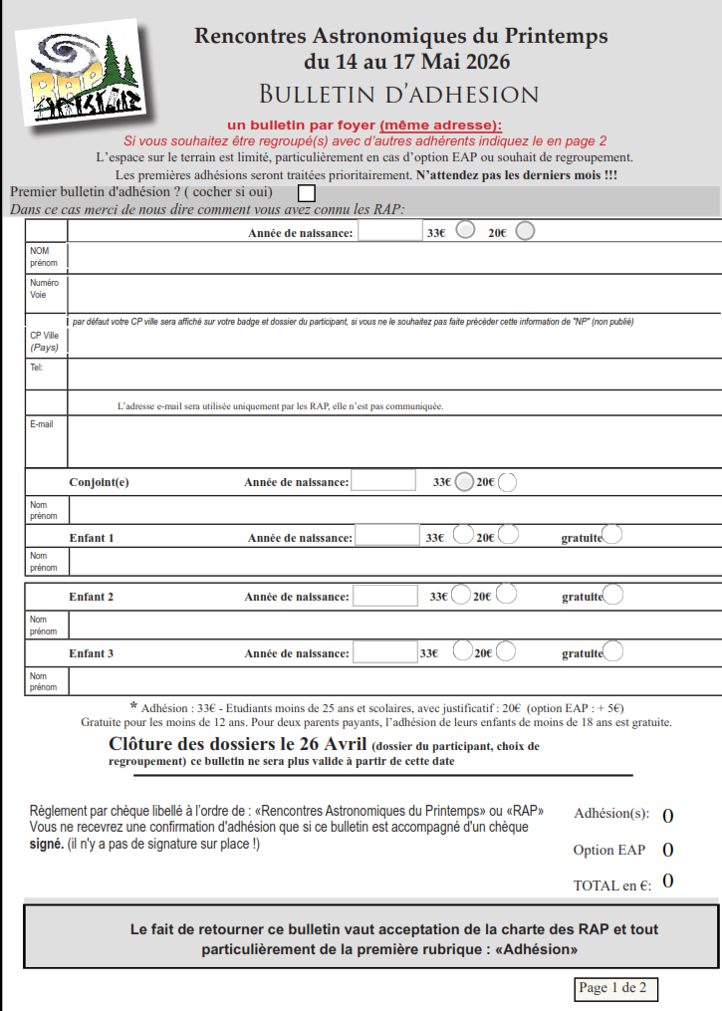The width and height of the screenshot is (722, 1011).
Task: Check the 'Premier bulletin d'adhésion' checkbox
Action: click(308, 192)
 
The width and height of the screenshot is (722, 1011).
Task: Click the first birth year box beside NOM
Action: click(390, 231)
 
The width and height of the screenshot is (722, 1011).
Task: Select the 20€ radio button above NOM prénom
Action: click(525, 231)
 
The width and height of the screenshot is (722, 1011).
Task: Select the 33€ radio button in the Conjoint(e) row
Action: click(464, 482)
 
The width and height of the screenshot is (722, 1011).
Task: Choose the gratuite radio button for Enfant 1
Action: click(612, 535)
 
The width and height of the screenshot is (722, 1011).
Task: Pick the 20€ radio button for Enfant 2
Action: click(506, 596)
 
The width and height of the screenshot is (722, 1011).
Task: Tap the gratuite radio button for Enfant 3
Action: click(613, 651)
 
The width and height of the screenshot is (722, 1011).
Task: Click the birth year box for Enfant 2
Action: click(385, 596)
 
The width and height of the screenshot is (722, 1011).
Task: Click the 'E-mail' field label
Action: click(42, 423)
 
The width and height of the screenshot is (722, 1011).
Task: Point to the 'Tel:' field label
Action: click(36, 367)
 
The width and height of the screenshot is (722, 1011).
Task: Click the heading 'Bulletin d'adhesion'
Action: click(398, 95)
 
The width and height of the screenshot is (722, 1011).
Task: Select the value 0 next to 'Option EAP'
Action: click(667, 850)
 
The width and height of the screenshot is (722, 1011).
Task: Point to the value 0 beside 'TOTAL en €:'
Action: click(667, 881)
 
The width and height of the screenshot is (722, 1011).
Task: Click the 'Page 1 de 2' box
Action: click(614, 988)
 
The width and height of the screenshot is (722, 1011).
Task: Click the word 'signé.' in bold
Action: click(46, 844)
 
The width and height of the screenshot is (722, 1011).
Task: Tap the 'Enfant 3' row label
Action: click(91, 653)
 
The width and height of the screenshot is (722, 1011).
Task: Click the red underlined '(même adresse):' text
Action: click(441, 126)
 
